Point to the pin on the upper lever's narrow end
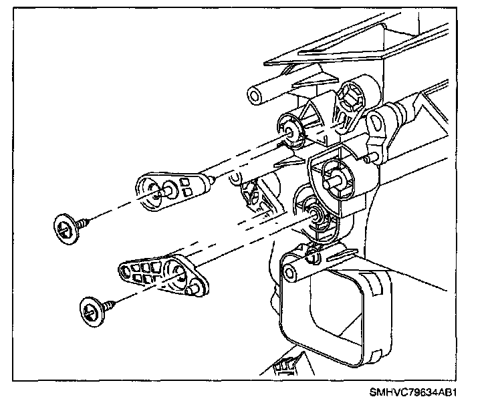click(x=211, y=178)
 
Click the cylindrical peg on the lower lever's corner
click(x=196, y=288)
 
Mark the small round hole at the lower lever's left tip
click(x=124, y=271)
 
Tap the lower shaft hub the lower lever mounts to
click(x=315, y=214)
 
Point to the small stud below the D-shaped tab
click(x=368, y=158)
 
